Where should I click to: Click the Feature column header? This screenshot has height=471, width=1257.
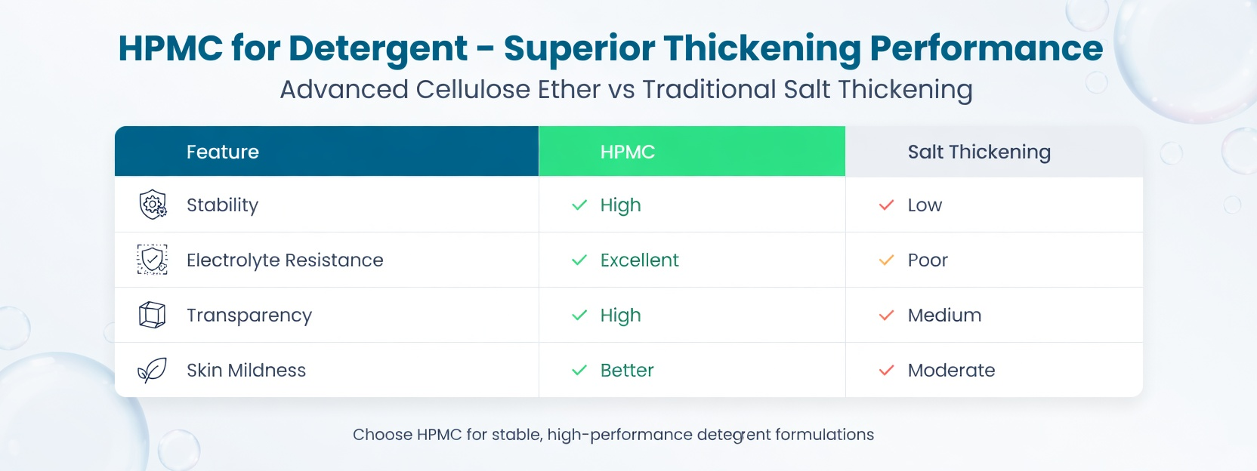[223, 152]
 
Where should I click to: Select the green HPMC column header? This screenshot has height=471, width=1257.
[628, 152]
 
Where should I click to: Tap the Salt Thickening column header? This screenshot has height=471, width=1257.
[979, 152]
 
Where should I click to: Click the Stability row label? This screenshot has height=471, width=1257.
[222, 205]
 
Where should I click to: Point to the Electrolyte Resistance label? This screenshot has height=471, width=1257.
[285, 260]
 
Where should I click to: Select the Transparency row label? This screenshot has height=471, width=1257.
[249, 316]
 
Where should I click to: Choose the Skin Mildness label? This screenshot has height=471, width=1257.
[246, 371]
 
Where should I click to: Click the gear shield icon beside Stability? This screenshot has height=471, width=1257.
[153, 205]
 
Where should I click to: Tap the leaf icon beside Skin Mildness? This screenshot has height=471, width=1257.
[152, 371]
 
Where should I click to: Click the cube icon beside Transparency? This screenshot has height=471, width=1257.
[152, 315]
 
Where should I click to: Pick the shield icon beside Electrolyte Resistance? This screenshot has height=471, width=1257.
[153, 260]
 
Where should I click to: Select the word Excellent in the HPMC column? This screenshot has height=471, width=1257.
[639, 260]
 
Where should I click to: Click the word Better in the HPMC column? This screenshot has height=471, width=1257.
[627, 371]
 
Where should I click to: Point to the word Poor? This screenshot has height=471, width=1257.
[928, 260]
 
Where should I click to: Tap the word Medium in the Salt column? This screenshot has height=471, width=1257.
[944, 316]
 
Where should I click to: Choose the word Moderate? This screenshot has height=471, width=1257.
[951, 371]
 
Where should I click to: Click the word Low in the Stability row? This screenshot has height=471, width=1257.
[925, 205]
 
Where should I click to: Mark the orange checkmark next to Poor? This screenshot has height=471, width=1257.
[886, 260]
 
